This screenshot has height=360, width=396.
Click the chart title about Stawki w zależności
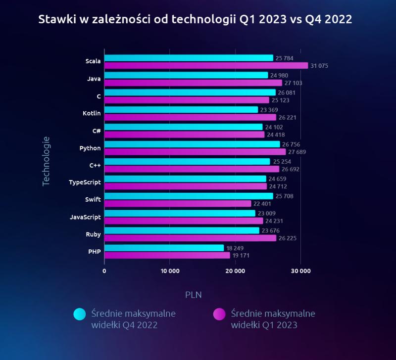tap(195, 19)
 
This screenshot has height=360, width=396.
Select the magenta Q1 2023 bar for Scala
tap(206, 66)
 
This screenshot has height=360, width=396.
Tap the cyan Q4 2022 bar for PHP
tap(164, 248)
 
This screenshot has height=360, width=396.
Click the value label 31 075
tap(321, 66)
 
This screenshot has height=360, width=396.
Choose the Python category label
tap(90, 148)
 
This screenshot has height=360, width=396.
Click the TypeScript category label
tap(85, 182)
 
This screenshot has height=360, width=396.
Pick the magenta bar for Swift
tap(178, 204)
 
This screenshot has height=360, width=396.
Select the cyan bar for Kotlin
tap(181, 110)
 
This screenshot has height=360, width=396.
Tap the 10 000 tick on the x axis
tap(170, 271)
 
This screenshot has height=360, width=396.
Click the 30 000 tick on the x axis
tap(300, 271)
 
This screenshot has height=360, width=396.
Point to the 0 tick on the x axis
tap(104, 271)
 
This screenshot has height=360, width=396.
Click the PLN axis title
tap(194, 295)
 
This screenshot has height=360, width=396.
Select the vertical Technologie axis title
tap(46, 161)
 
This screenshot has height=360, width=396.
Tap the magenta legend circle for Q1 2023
tap(220, 315)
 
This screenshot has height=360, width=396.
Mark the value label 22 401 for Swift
tap(265, 204)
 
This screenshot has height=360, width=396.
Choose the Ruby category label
tap(93, 234)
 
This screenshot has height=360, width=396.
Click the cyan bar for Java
tap(186, 75)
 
